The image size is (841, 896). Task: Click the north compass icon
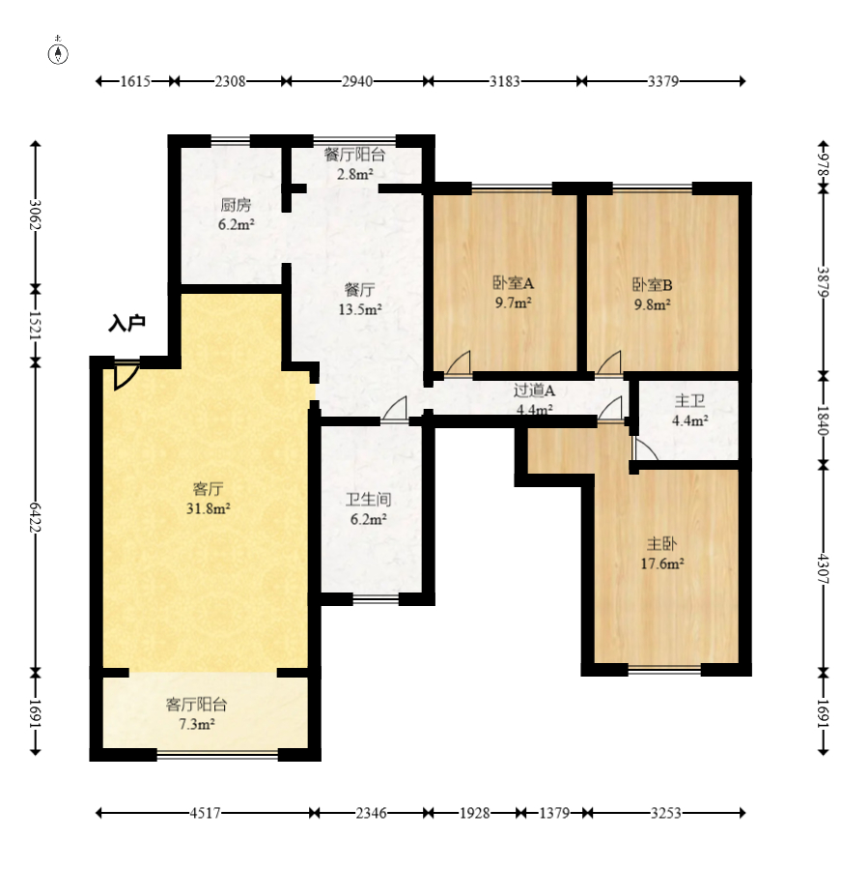pyautogui.click(x=58, y=53)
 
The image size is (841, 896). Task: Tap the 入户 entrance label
pyautogui.click(x=126, y=324)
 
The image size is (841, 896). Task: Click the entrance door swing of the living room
pyautogui.click(x=126, y=376)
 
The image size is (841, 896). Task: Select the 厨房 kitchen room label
pyautogui.click(x=236, y=204)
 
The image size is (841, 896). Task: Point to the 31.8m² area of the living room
pyautogui.click(x=208, y=508)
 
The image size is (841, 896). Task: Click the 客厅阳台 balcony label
pyautogui.click(x=196, y=704)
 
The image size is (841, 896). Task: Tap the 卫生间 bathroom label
pyautogui.click(x=368, y=500)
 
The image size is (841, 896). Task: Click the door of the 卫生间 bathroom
pyautogui.click(x=395, y=410)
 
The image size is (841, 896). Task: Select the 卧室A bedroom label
pyautogui.click(x=514, y=283)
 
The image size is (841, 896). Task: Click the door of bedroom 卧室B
pyautogui.click(x=609, y=363)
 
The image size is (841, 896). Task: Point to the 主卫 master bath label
pyautogui.click(x=689, y=400)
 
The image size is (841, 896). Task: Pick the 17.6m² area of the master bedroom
pyautogui.click(x=662, y=564)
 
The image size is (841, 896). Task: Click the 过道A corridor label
pyautogui.click(x=534, y=390)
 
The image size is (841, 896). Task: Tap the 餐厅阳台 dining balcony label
pyautogui.click(x=354, y=155)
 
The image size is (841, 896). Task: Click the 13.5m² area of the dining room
pyautogui.click(x=360, y=309)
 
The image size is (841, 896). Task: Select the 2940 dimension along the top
pyautogui.click(x=357, y=81)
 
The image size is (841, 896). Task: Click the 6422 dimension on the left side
pyautogui.click(x=36, y=518)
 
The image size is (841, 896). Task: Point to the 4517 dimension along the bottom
pyautogui.click(x=205, y=813)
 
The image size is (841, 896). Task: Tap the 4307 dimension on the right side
pyautogui.click(x=823, y=568)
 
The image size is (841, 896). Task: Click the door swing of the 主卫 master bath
pyautogui.click(x=645, y=449)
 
